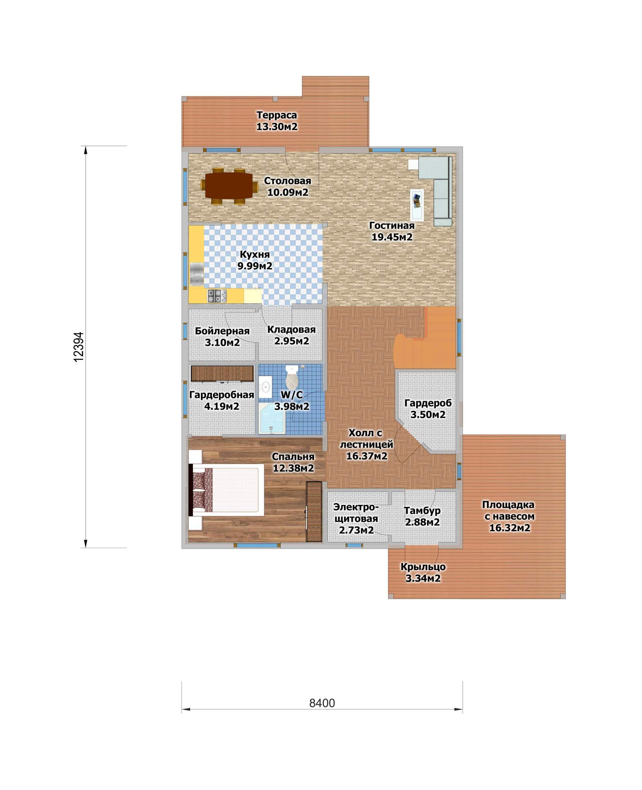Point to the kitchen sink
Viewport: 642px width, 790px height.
click(x=196, y=274)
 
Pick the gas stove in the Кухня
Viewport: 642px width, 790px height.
click(x=217, y=296)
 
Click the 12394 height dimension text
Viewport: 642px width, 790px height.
click(x=79, y=346)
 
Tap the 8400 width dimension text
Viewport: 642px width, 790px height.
click(x=322, y=703)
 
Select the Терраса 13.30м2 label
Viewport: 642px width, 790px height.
click(x=277, y=121)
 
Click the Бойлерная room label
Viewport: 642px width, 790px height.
click(x=222, y=331)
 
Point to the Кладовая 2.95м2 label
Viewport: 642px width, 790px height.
click(x=292, y=335)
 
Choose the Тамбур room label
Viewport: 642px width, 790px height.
click(x=422, y=510)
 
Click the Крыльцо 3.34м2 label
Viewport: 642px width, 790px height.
click(x=423, y=572)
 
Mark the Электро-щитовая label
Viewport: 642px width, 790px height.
click(x=356, y=513)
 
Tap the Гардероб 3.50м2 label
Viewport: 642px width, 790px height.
click(x=428, y=409)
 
